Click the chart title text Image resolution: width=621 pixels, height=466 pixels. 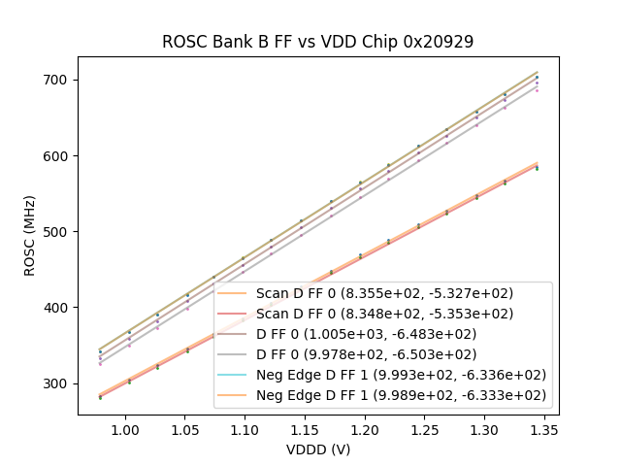point(317,42)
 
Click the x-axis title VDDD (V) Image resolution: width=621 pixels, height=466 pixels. point(317,449)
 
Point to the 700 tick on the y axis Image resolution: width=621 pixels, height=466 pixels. point(55,80)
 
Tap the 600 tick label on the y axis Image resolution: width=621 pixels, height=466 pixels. point(55,155)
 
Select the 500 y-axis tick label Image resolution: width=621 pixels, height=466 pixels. point(55,231)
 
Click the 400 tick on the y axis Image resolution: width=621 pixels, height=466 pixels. point(55,307)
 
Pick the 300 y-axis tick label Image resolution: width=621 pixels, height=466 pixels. point(55,383)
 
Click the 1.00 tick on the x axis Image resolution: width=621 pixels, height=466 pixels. point(124,428)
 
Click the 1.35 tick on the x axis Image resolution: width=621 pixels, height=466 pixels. point(544,428)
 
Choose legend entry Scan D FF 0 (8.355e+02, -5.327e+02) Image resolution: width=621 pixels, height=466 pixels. point(384,293)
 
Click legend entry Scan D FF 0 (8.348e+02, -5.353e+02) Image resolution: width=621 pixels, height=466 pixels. point(384,314)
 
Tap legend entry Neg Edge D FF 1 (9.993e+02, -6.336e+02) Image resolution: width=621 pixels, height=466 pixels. point(401,375)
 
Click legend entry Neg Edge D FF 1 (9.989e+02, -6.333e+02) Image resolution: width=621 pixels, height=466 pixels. point(401,395)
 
